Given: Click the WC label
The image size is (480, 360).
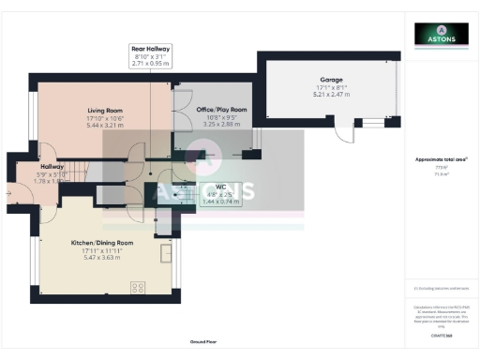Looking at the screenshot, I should click(221, 187).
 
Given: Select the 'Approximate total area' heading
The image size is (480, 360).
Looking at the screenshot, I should click(441, 160).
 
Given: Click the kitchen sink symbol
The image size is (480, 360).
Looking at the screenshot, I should click(169, 253).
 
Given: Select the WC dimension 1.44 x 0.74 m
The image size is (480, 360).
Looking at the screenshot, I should click(221, 202).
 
